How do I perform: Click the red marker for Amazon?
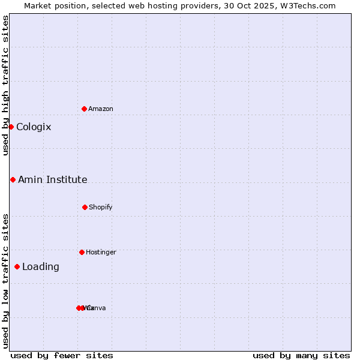84,109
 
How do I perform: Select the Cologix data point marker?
11,127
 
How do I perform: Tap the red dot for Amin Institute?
13,179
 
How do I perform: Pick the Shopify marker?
85,207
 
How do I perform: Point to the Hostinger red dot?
82,252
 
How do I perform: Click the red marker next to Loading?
17,266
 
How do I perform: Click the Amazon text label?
101,109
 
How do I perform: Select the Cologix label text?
34,127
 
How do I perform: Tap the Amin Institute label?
52,179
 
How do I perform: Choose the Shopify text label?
101,207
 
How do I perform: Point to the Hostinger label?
101,252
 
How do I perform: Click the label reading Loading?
41,266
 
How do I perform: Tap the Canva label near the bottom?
97,308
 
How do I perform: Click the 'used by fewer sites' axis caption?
62,355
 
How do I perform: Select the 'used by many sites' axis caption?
301,355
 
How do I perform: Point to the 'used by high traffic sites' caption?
5,85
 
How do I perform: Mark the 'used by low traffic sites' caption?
5,281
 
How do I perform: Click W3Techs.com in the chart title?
310,5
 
